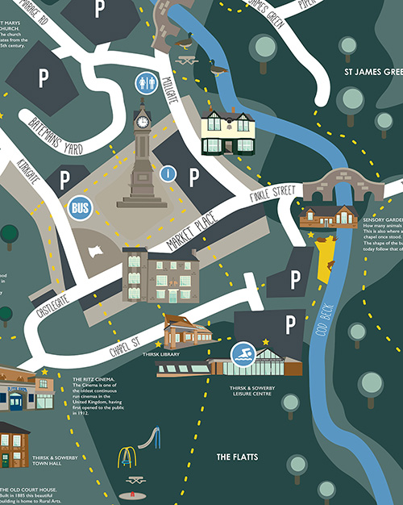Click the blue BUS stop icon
80,208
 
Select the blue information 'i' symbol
168,173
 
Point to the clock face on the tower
143,122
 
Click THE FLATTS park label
236,457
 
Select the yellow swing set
127,457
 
